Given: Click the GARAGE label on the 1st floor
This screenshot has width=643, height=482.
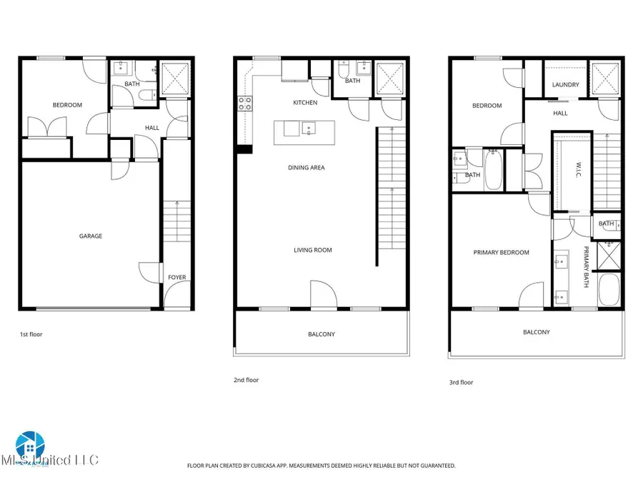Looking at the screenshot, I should pyautogui.click(x=91, y=236).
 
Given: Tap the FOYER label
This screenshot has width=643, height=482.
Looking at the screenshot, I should pyautogui.click(x=176, y=277).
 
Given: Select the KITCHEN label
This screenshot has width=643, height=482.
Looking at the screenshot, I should pyautogui.click(x=305, y=103).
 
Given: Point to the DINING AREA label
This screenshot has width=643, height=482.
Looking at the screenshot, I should pyautogui.click(x=306, y=168).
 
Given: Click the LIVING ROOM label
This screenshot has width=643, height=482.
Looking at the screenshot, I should pyautogui.click(x=312, y=250).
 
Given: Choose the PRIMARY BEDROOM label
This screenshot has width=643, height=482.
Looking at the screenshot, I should pyautogui.click(x=502, y=253).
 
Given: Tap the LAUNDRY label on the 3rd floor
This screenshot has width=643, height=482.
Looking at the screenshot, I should pyautogui.click(x=566, y=86).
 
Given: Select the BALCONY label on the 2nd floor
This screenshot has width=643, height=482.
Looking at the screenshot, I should pyautogui.click(x=321, y=334).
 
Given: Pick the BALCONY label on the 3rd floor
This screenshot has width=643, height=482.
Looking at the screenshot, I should pyautogui.click(x=536, y=332).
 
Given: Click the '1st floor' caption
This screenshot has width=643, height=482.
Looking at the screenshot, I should pyautogui.click(x=30, y=333).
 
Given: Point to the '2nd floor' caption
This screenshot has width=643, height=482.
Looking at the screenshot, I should pyautogui.click(x=246, y=380).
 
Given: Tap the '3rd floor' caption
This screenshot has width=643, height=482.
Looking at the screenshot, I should pyautogui.click(x=461, y=382).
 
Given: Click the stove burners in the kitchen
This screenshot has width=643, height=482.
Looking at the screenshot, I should pyautogui.click(x=244, y=104).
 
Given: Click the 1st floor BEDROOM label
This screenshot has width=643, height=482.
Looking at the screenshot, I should pyautogui.click(x=67, y=105).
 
